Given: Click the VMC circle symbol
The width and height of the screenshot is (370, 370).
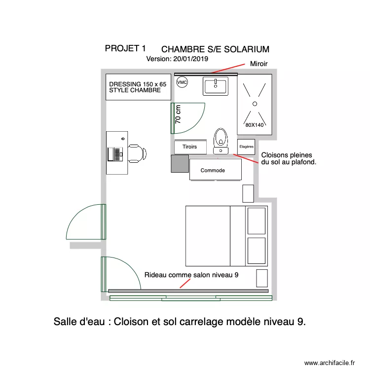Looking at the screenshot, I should (182, 82).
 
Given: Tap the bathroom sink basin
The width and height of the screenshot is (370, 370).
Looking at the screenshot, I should (215, 86).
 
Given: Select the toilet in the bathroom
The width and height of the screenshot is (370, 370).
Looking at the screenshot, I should (221, 139).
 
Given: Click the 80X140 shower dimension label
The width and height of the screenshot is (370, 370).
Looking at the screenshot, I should (255, 125).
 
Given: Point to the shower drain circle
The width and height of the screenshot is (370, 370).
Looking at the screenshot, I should (255, 103).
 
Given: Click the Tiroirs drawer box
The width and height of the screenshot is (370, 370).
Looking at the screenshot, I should (190, 147).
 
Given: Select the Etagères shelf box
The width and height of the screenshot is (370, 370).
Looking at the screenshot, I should (246, 147).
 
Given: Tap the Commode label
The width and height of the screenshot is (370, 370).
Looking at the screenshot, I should (213, 170).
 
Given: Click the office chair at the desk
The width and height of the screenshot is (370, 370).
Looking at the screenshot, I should (137, 153).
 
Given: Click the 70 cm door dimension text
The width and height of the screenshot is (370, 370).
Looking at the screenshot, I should (178, 114).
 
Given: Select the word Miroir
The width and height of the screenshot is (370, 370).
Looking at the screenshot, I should (259, 64).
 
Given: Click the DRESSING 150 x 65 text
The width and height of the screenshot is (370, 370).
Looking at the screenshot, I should (138, 84).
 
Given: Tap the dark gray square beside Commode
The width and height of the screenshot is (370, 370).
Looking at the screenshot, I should (180, 163).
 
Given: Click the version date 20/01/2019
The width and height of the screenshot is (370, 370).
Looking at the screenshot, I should (190, 58).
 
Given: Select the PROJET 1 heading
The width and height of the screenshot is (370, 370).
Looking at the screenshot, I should (125, 48).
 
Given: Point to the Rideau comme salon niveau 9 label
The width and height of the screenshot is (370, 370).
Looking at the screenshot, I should (191, 275).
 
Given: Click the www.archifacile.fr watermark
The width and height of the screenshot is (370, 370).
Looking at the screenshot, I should (330, 363).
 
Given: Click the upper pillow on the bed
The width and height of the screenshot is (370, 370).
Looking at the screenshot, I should (257, 221).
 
